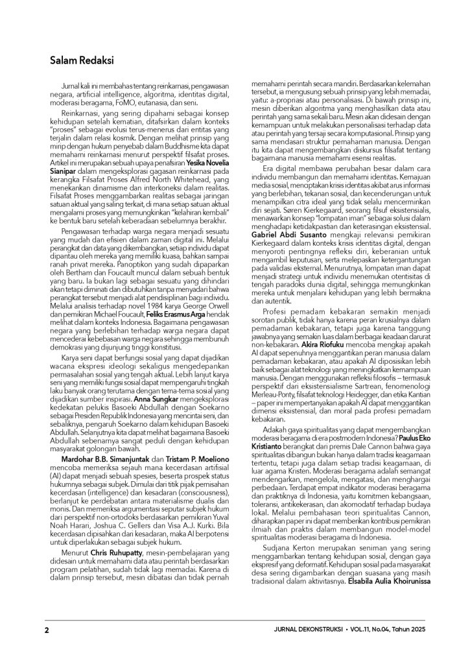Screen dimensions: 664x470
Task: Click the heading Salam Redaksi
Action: pos(82,61)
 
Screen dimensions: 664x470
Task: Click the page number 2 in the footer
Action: pos(47,630)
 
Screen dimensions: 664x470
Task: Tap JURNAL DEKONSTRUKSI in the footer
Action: pos(309,630)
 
